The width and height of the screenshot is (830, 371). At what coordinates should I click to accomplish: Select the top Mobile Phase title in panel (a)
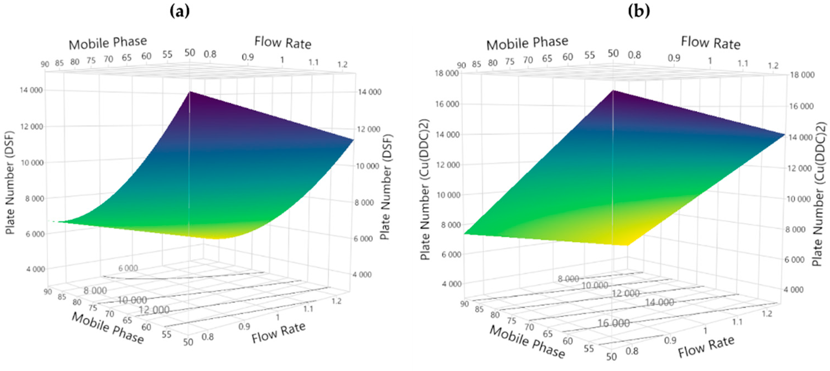108,43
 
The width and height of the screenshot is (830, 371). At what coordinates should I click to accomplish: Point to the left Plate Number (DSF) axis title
10,182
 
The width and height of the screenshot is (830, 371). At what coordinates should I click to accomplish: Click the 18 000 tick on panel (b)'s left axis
447,73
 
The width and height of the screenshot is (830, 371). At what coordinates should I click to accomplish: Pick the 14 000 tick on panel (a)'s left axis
31,90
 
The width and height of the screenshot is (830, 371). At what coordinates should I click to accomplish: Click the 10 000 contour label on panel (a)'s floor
132,300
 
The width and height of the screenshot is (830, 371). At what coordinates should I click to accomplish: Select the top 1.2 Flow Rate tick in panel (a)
342,65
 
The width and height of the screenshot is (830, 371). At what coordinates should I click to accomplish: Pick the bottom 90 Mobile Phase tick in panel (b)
464,304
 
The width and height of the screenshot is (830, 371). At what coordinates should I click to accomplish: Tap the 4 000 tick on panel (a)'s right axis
362,275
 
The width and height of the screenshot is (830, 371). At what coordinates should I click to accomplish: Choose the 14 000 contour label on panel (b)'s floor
659,302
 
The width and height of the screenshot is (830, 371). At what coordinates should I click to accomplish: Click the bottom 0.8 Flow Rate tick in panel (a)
207,337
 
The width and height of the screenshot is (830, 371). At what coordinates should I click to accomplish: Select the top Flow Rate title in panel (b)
710,43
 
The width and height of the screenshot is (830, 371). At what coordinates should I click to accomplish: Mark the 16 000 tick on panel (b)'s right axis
801,106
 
